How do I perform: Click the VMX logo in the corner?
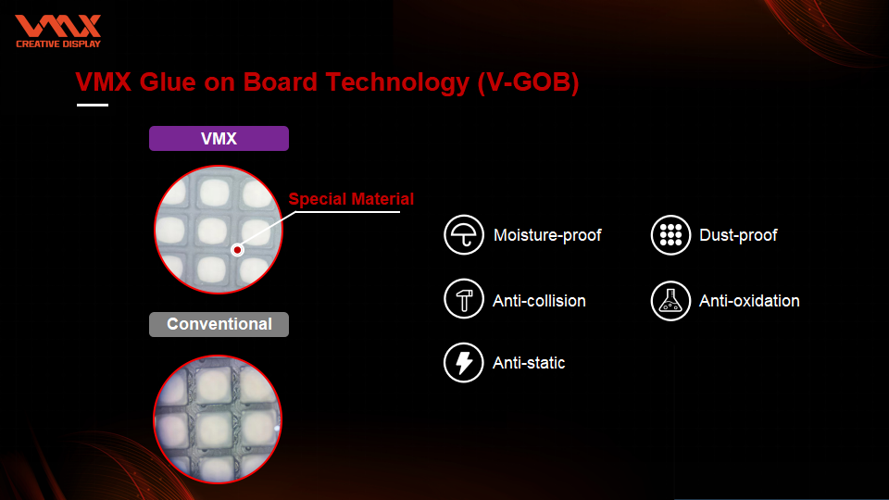point(57,31)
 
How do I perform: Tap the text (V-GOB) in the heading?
point(528,82)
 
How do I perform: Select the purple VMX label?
point(219,138)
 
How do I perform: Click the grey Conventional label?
point(219,324)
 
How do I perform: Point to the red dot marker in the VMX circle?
point(238,249)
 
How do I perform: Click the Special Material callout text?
point(351,199)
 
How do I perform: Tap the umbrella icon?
point(464,234)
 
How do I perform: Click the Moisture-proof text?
point(547,235)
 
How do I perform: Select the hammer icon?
point(464,299)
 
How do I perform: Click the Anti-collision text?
point(539,300)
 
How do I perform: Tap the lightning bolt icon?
point(464,363)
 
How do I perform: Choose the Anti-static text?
point(529,363)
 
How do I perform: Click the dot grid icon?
point(670,234)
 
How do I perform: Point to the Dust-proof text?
point(738,235)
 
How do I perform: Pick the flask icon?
point(670,301)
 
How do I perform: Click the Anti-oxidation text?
point(749,300)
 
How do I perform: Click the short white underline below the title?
point(93,105)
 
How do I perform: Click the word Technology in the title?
point(397,82)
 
